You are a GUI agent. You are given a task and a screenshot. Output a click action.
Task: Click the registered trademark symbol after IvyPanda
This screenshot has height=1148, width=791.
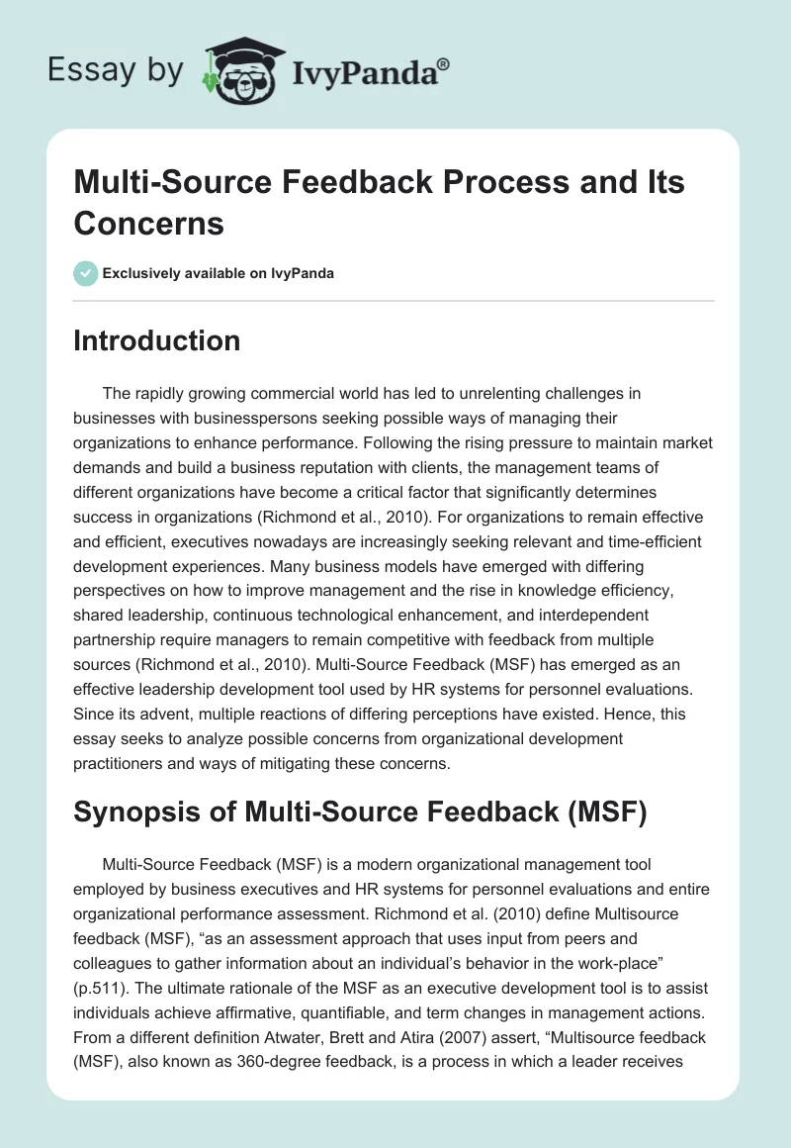444,64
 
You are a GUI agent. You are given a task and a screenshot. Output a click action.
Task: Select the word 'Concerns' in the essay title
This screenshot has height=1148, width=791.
149,223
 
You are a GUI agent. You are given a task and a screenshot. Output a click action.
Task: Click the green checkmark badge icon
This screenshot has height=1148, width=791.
86,273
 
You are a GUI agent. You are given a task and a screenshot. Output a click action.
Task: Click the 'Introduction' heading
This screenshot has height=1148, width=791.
157,340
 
